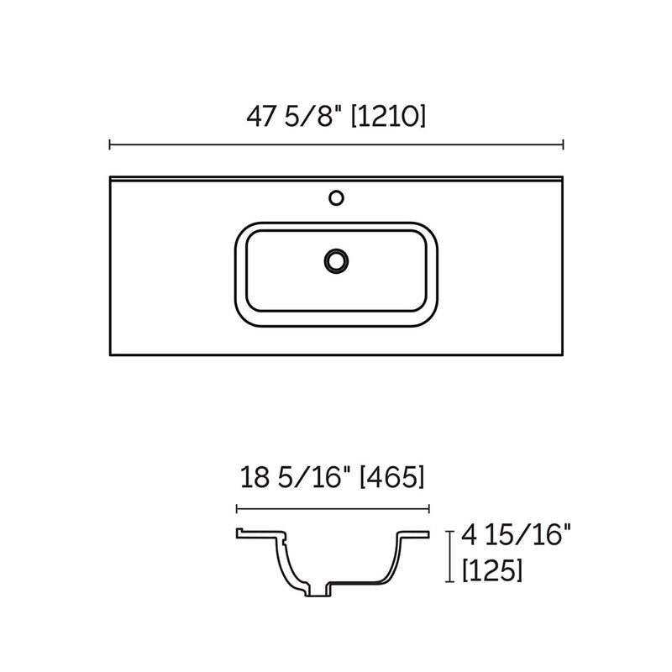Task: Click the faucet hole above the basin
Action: pyautogui.click(x=336, y=198)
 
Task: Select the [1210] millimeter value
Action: pyautogui.click(x=388, y=116)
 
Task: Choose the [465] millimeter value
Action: pyautogui.click(x=392, y=479)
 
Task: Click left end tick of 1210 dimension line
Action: pyautogui.click(x=110, y=145)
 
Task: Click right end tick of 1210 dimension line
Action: pyautogui.click(x=563, y=145)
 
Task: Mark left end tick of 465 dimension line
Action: pyautogui.click(x=238, y=508)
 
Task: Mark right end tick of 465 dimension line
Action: pyautogui.click(x=430, y=508)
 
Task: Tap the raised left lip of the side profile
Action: pyautogui.click(x=239, y=532)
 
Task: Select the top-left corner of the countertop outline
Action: pyautogui.click(x=111, y=178)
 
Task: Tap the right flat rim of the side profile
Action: pyautogui.click(x=417, y=533)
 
